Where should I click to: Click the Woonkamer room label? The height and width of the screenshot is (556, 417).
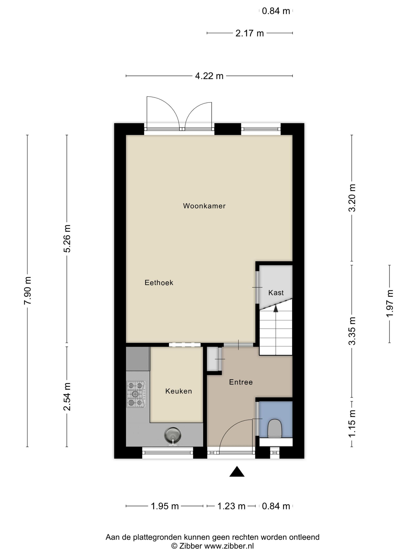coord(204,206)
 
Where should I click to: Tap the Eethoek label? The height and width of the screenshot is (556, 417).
coord(159,283)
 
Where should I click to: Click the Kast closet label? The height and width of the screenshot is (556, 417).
coord(276,292)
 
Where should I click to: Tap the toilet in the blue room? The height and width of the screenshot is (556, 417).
coord(275,428)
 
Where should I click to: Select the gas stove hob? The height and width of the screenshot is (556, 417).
coord(136,394)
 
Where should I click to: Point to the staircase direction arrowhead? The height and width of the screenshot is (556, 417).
coord(276,308)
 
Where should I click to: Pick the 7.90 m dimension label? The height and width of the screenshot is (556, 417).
coord(27,291)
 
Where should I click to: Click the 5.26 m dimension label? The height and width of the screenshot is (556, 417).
coord(67,238)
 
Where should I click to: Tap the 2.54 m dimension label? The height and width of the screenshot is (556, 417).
coord(67,397)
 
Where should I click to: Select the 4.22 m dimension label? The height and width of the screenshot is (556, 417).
coord(209,76)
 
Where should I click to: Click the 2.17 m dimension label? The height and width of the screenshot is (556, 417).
coord(250,33)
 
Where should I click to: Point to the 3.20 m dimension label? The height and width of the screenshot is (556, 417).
coord(352,198)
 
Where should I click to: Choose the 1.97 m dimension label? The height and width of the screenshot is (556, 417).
coord(390,303)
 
